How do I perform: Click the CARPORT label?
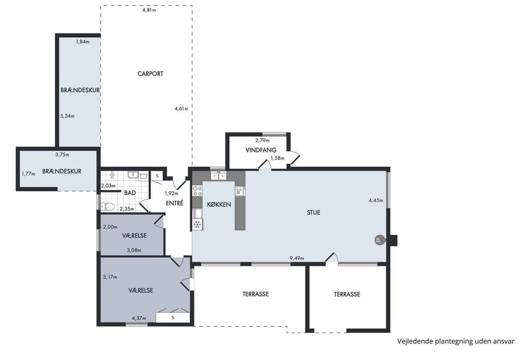coord(150,74)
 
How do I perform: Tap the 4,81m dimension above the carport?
coord(149,10)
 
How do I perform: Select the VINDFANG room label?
coord(261,150)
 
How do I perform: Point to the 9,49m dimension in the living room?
coord(297,258)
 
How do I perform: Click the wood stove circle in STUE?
coord(380,240)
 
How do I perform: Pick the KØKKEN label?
coord(219,204)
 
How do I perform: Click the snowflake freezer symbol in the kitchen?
coord(197,224)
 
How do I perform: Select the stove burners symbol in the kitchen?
coord(197,191)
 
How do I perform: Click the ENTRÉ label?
coord(174,203)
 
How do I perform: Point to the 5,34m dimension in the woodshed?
coord(67,116)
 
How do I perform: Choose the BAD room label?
coord(130,193)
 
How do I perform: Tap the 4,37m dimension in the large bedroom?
coord(139,318)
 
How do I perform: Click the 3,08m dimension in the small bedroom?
coord(134,250)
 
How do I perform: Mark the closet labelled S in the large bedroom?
coord(173,317)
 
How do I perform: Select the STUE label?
coord(314,212)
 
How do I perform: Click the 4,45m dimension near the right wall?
coord(376,200)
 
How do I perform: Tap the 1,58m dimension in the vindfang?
coord(278,158)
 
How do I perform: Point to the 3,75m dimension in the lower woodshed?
coord(62,155)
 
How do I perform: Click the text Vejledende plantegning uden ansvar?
coord(456,341)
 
